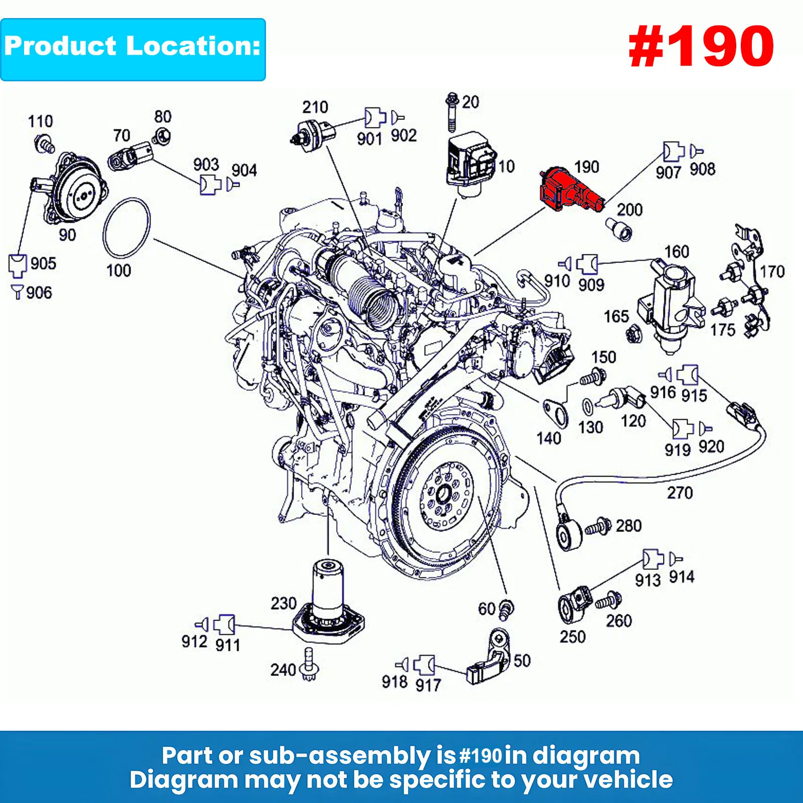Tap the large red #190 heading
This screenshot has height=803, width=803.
click(x=701, y=47)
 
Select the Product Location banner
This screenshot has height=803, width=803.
click(x=132, y=49)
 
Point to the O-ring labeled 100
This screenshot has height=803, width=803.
click(x=126, y=228)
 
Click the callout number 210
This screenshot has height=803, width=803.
click(x=315, y=107)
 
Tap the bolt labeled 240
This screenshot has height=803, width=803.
click(x=308, y=665)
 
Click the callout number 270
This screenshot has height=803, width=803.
click(x=680, y=493)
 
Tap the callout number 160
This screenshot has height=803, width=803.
click(x=677, y=251)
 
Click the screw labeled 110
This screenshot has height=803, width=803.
click(x=45, y=144)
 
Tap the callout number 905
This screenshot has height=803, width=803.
click(x=43, y=263)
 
